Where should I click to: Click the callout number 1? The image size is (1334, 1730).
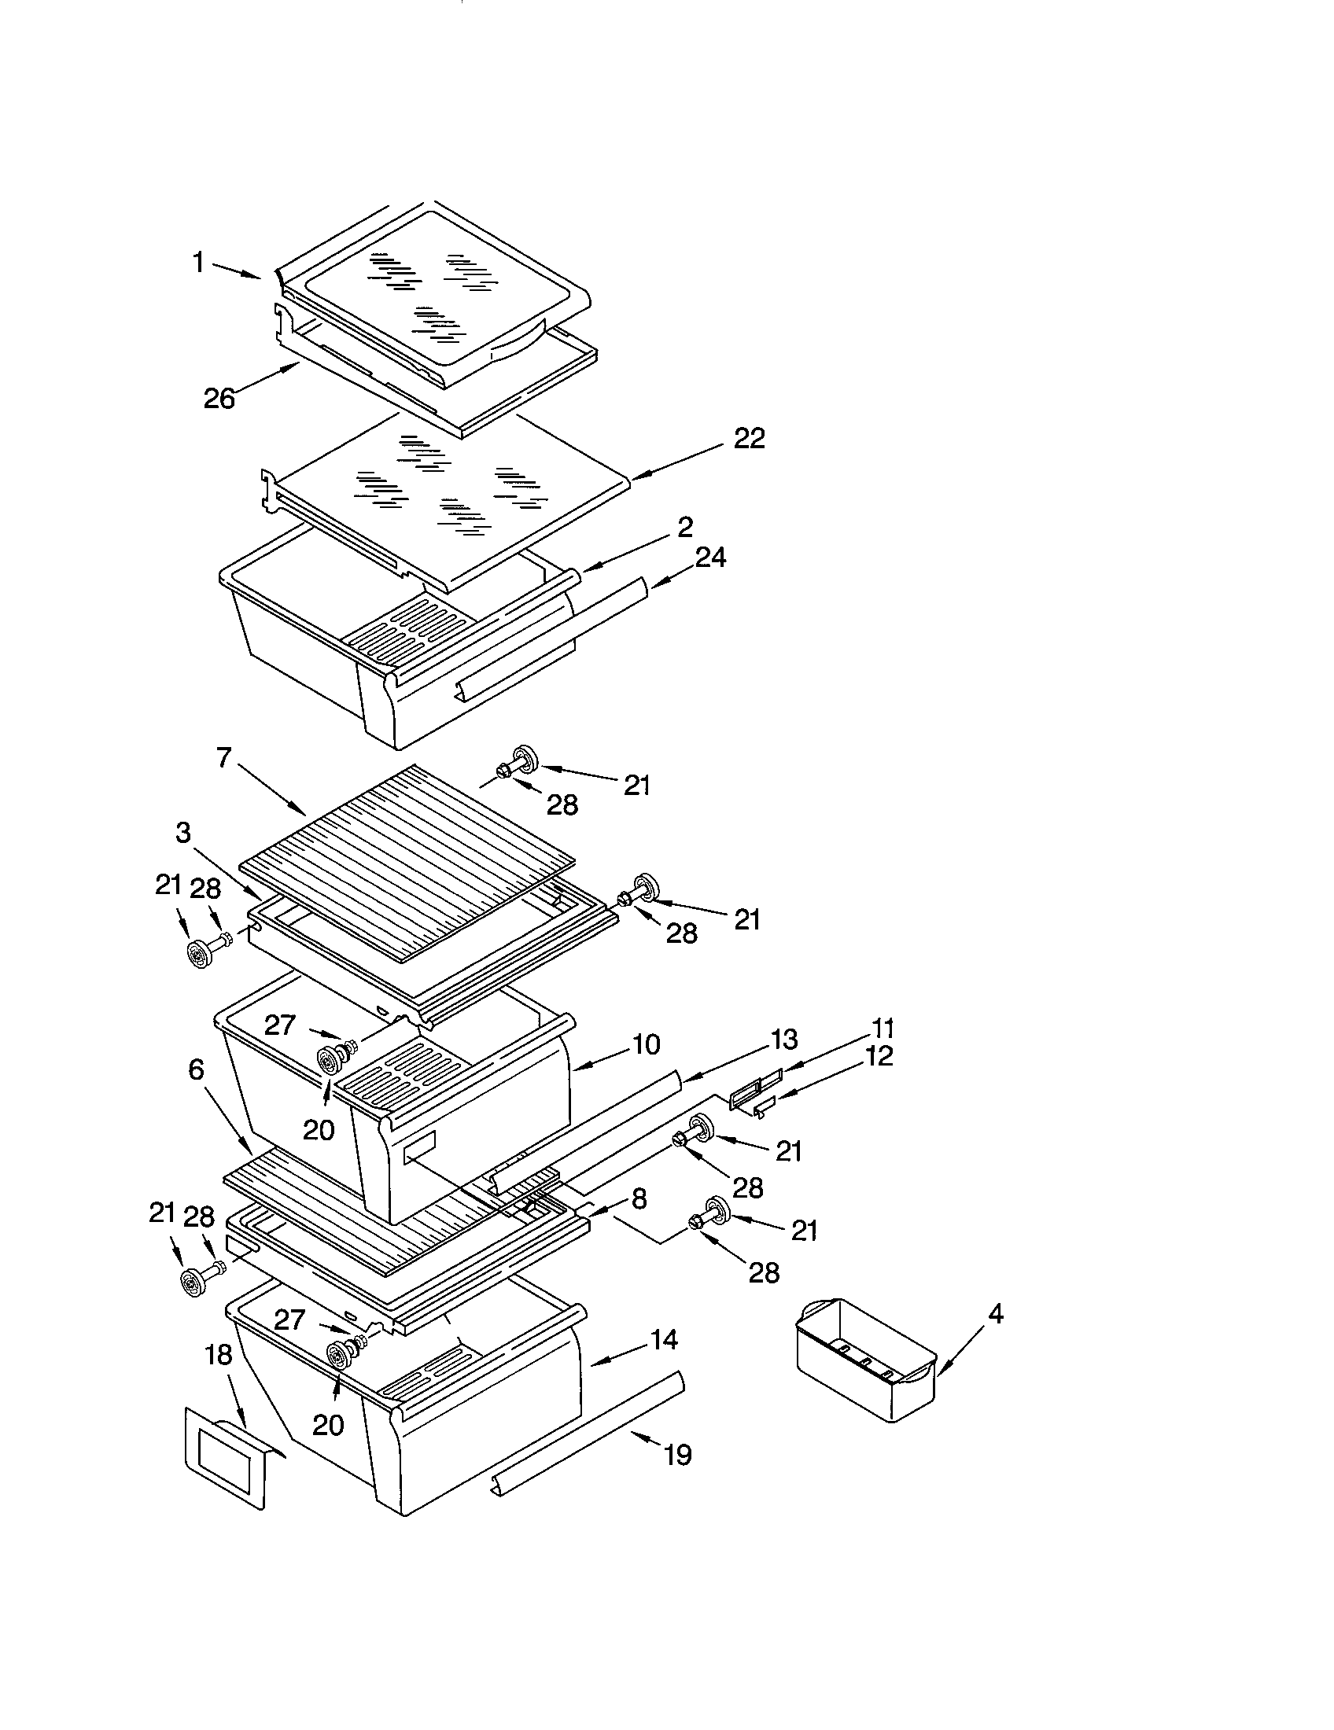point(198,262)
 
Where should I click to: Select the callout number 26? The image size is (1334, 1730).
point(219,399)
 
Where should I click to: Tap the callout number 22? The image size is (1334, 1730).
point(749,438)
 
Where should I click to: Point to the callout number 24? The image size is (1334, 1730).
point(709,557)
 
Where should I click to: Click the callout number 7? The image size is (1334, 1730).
point(223,758)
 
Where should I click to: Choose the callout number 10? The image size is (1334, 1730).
point(647,1044)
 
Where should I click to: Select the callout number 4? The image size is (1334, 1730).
point(996,1314)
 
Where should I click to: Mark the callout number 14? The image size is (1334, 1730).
point(664,1339)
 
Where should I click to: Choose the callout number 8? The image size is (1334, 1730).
point(639,1198)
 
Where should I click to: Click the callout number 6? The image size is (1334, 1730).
point(196,1070)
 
